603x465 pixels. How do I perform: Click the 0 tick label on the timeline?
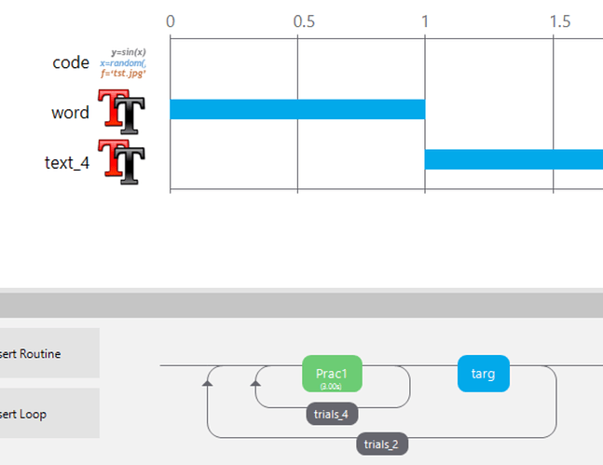click(170, 21)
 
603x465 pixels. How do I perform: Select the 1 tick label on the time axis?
click(425, 21)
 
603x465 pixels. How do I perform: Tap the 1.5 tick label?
click(559, 21)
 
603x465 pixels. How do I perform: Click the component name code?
click(71, 62)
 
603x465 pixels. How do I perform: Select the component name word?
click(71, 113)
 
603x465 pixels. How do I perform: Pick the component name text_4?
click(67, 162)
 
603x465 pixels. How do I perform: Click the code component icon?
click(123, 62)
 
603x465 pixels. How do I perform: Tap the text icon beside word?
click(122, 111)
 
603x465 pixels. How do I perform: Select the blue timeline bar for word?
click(296, 109)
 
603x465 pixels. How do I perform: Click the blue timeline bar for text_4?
click(514, 159)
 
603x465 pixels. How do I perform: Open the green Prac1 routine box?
click(332, 374)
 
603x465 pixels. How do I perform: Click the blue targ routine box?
click(483, 374)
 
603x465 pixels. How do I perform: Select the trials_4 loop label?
click(333, 413)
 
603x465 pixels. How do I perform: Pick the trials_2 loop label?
click(382, 444)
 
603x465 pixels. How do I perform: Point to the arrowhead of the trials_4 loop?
click(255, 381)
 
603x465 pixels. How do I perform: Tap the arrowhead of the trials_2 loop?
click(208, 381)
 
